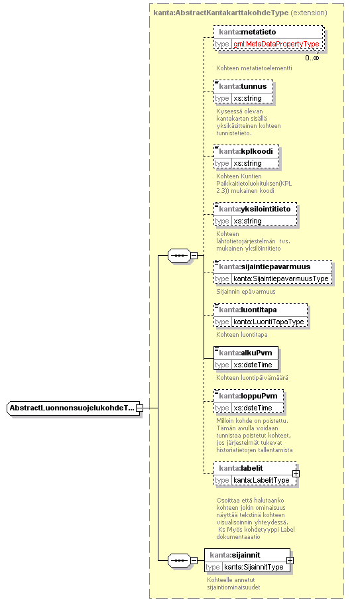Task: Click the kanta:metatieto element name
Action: tap(247, 32)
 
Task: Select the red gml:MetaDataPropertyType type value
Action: tap(276, 44)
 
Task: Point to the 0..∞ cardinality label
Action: tap(312, 58)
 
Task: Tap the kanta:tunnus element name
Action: tap(243, 86)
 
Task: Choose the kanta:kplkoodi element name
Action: tap(246, 151)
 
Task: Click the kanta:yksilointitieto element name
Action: tap(255, 209)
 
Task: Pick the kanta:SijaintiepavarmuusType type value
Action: tap(281, 278)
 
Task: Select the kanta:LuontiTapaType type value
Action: tap(269, 322)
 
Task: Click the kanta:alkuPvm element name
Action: tap(245, 353)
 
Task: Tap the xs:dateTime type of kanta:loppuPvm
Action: tap(253, 408)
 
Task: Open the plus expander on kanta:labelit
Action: tap(296, 474)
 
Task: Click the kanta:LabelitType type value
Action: tap(261, 480)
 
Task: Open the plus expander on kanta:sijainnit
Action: tap(290, 560)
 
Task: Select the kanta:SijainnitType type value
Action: tap(254, 567)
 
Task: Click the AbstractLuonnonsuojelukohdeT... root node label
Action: tap(72, 408)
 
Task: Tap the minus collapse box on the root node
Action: tap(140, 408)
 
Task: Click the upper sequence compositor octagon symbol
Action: tap(179, 255)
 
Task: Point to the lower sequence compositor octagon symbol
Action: tap(179, 560)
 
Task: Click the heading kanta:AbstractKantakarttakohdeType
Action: tap(221, 13)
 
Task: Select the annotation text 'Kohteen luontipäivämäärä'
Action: tap(252, 378)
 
